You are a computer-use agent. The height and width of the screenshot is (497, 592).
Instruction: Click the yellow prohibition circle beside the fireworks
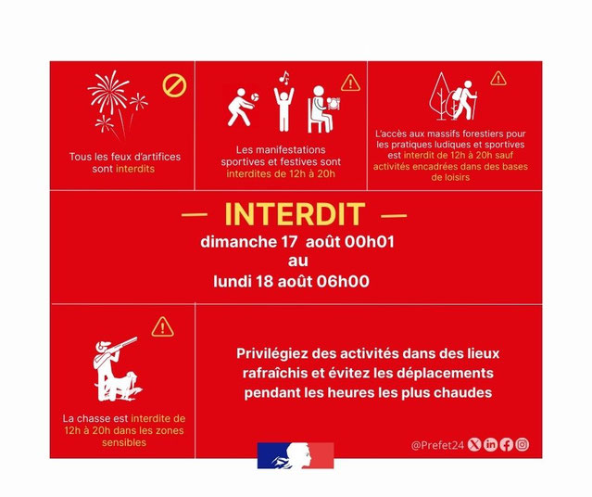coord(174,85)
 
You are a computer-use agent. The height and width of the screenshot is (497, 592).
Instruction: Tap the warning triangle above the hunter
coord(162,327)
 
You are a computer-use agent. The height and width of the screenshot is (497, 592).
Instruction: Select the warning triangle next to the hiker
coord(498,79)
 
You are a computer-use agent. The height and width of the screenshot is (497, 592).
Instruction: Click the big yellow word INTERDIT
coord(295,214)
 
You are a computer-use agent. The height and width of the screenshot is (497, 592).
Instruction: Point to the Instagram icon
coord(523,444)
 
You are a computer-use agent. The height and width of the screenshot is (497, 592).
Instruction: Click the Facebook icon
coord(506,444)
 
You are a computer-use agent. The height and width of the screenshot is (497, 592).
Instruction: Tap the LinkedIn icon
coord(490,444)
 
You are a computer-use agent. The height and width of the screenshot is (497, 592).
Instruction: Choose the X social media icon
coord(474,444)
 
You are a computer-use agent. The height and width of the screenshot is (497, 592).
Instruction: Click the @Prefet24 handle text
coord(437,445)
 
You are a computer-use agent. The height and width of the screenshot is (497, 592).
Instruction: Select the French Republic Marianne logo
coord(296,456)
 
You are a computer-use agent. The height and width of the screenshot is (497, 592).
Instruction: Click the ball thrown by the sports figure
coord(255,97)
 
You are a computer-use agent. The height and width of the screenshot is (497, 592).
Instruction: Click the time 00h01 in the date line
coord(370,242)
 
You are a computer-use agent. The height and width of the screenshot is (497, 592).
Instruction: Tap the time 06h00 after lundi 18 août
coord(343,282)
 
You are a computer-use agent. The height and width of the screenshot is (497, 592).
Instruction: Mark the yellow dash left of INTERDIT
coord(195,215)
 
